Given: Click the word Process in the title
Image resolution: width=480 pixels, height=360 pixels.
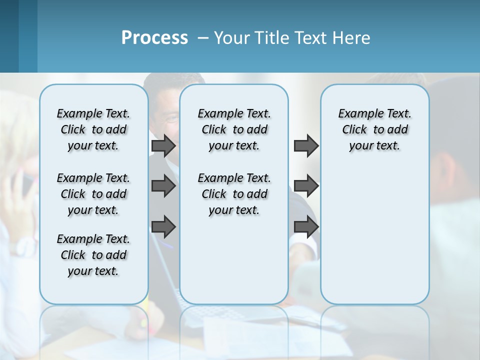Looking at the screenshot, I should point(154,37).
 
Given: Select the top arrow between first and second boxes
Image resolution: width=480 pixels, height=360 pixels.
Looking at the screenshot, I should point(163,145).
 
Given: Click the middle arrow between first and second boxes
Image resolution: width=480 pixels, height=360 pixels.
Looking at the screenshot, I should point(163,186).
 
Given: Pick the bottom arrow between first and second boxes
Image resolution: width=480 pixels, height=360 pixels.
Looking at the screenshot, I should point(163,226).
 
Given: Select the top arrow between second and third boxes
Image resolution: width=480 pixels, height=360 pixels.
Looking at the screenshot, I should point(306,145).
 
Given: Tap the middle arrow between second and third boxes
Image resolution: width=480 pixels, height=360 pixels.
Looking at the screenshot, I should point(306,186).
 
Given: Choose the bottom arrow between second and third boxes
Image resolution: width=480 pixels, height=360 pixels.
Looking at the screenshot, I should point(306,226).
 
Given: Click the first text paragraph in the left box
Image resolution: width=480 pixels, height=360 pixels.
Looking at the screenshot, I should point(93,129).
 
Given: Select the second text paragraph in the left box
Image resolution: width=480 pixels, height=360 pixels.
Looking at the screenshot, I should point(93,194).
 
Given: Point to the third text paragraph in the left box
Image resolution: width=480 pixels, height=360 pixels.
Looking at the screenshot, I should point(93,255).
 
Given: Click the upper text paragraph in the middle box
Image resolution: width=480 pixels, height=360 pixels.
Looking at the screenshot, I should point(234,129).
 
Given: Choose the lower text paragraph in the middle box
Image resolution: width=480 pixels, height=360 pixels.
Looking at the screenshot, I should point(234,194).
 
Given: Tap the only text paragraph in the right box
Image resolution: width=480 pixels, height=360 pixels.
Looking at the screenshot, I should point(374,129).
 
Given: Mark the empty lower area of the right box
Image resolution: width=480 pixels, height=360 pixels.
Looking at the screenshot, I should point(374,235).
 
